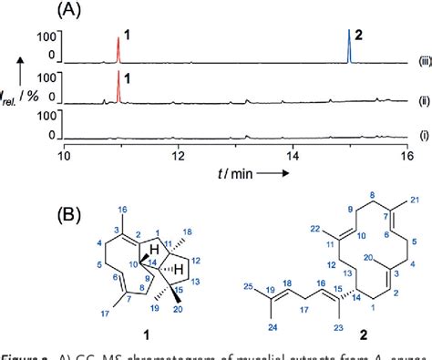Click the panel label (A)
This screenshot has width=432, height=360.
click(76, 11)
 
